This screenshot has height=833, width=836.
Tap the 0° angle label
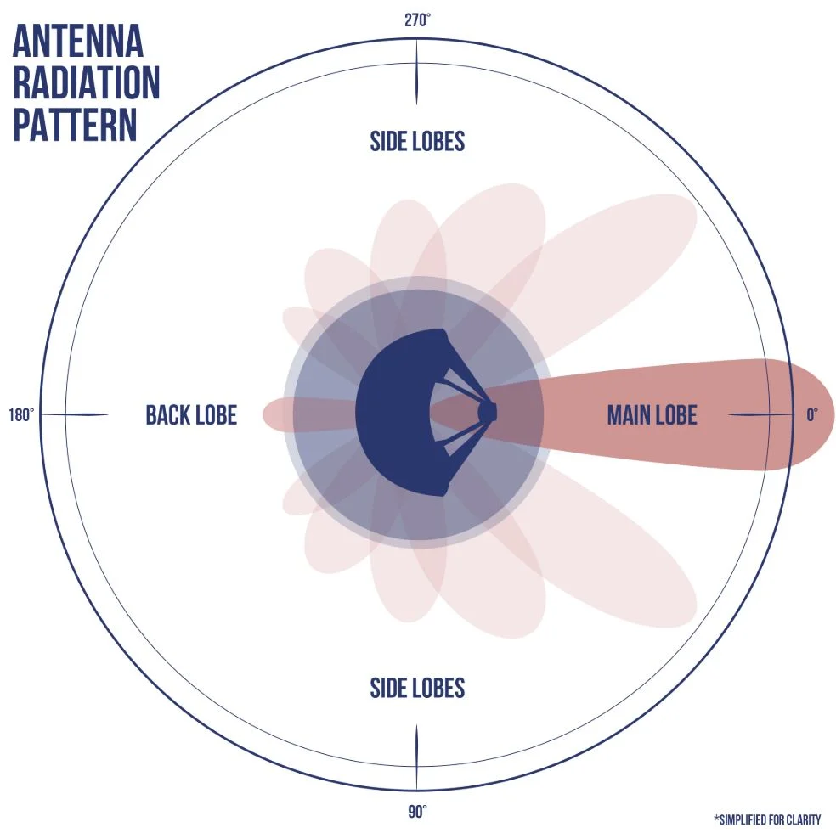tap(812, 415)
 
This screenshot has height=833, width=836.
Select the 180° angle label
tap(21, 415)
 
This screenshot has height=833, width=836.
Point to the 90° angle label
tap(416, 813)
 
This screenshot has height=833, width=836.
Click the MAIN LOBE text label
tap(652, 415)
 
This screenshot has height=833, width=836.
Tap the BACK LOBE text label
tap(191, 415)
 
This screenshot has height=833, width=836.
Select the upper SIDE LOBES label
tap(417, 141)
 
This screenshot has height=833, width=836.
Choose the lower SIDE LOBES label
tap(417, 688)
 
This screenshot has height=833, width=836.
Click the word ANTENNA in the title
tap(77, 42)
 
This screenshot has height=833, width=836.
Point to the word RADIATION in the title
tap(86, 83)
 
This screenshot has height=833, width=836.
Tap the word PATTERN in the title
tap(75, 124)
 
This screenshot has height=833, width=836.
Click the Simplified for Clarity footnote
tap(767, 819)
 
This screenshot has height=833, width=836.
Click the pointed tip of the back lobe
tap(266, 414)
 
